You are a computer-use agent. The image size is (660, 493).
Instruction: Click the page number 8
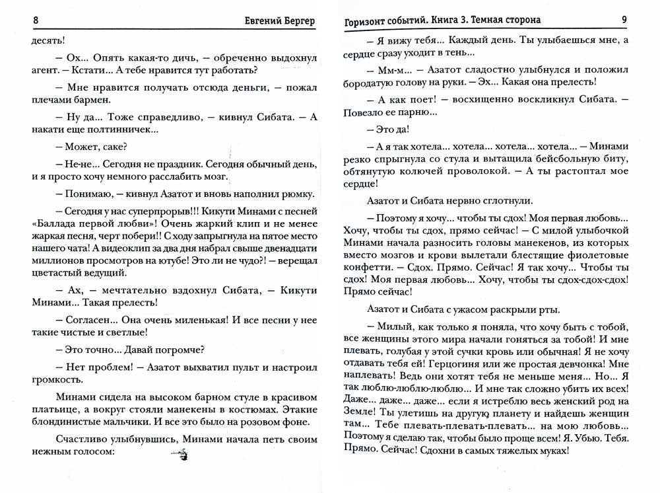(x=35, y=20)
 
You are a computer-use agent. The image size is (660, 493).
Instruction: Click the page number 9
(x=624, y=20)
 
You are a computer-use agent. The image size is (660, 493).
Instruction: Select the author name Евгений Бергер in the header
(x=279, y=20)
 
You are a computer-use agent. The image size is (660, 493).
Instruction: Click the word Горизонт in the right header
(x=366, y=20)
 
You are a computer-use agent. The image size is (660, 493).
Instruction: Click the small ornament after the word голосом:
(x=180, y=453)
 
